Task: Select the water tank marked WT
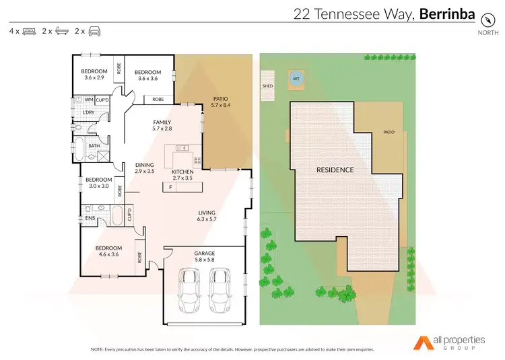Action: point(295,79)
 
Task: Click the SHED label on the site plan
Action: point(267,87)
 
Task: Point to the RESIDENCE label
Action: point(335,170)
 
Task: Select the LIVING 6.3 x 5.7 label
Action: point(206,215)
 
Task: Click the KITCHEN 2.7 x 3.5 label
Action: point(182,175)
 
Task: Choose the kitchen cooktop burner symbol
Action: point(198,160)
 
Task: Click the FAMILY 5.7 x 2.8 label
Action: point(162,125)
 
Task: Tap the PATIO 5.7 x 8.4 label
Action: point(221,102)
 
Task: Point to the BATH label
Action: point(94,145)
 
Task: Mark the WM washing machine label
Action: point(88,100)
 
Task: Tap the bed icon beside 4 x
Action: point(29,32)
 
